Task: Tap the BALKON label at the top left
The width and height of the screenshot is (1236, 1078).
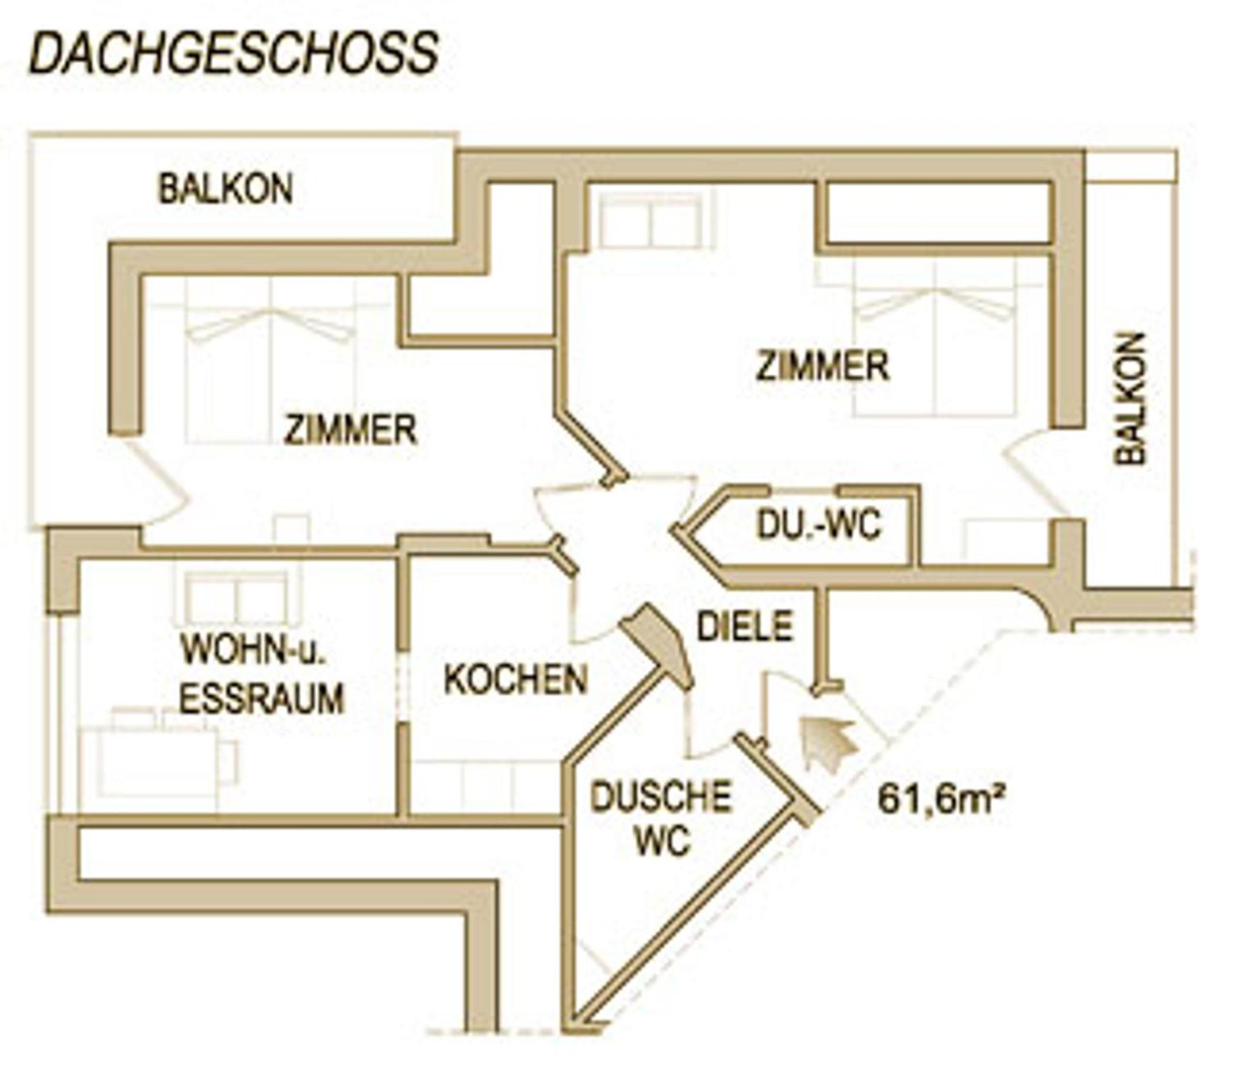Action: (x=226, y=189)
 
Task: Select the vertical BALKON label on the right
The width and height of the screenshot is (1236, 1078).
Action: (x=1129, y=398)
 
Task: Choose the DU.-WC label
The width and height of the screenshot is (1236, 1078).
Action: (x=817, y=525)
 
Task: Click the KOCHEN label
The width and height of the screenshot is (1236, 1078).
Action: (x=516, y=679)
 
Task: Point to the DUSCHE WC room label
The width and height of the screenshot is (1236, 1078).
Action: (x=661, y=818)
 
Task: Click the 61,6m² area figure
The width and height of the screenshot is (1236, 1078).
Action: (x=942, y=799)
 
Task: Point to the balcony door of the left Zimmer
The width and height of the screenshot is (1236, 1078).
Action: (x=154, y=485)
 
